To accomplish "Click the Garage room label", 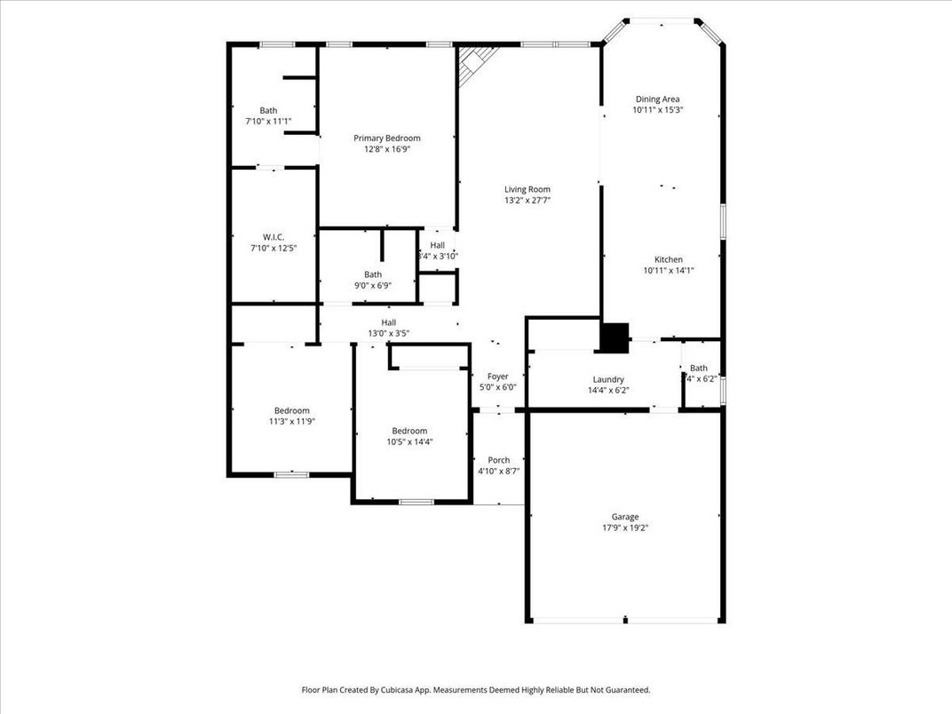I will click(624, 517).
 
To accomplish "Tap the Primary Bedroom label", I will click(386, 138).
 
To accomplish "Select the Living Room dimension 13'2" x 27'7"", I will click(528, 201).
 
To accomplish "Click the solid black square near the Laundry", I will click(615, 337).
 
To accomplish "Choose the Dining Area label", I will click(657, 99).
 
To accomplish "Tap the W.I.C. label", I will click(273, 236).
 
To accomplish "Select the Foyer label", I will click(497, 376).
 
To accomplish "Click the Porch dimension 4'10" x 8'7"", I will click(498, 472).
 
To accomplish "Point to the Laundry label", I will click(608, 379).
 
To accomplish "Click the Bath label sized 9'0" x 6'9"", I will click(372, 274).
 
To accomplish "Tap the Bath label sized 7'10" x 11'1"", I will click(268, 110).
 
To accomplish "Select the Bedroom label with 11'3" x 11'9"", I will click(291, 410).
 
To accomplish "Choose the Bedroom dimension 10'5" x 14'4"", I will click(409, 441).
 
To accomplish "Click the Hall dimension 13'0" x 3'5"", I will click(388, 334).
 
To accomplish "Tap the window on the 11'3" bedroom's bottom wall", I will click(290, 475).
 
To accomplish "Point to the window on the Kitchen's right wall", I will click(724, 221).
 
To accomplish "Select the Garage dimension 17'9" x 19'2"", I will click(624, 528).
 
